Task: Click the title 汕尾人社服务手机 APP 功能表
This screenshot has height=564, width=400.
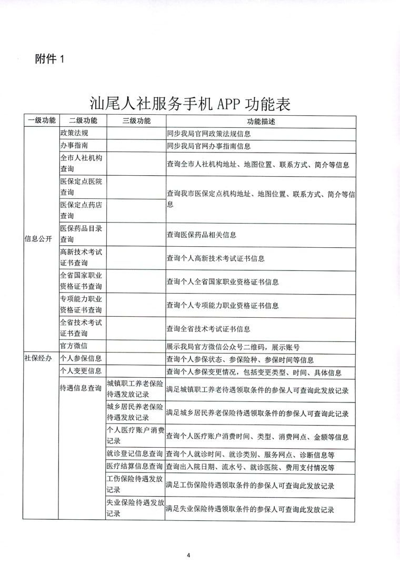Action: click(x=191, y=103)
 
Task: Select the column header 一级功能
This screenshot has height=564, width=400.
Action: click(x=42, y=120)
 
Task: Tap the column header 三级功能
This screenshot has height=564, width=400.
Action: click(x=136, y=120)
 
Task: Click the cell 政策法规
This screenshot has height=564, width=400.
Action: click(x=74, y=133)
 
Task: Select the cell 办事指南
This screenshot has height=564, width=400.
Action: click(x=74, y=146)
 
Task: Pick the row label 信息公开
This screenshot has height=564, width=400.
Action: click(x=38, y=238)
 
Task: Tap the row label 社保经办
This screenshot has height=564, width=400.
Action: click(x=38, y=358)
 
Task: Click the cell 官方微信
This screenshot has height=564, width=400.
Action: click(x=74, y=346)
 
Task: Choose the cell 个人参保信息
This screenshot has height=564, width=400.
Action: click(x=81, y=359)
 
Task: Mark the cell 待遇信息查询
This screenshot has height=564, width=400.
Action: click(x=81, y=388)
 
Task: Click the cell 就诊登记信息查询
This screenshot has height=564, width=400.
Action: click(x=135, y=454)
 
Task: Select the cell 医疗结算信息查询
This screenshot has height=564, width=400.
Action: click(x=135, y=466)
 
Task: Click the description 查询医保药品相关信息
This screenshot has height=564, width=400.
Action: click(x=202, y=235)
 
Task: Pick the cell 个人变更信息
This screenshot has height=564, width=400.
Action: click(x=81, y=372)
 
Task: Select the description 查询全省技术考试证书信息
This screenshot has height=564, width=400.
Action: click(x=208, y=329)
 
